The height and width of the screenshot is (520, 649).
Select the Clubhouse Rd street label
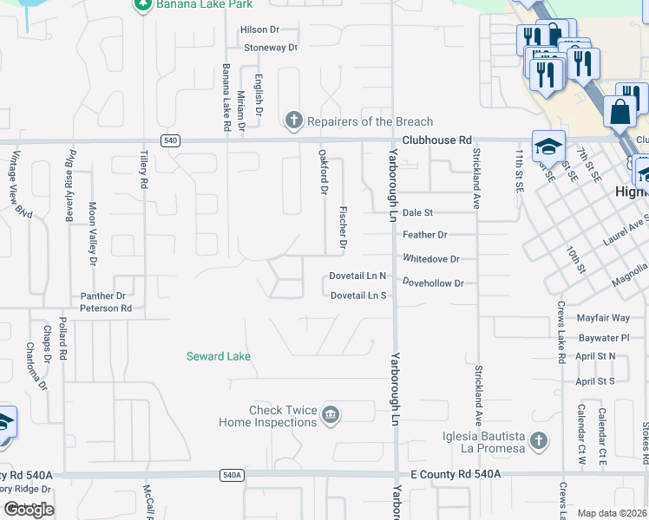click(436, 140)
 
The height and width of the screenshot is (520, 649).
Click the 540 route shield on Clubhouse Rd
click(170, 140)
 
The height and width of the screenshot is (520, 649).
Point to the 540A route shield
click(232, 475)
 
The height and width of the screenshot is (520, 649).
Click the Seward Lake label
click(219, 356)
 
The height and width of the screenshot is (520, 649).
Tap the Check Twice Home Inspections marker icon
click(330, 415)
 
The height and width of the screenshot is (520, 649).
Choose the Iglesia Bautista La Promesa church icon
click(538, 440)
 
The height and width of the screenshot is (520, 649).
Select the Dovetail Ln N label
click(357, 276)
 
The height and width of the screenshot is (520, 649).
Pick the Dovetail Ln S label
click(357, 296)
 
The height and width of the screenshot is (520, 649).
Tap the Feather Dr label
click(424, 235)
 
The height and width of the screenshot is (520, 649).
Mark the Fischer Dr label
click(344, 228)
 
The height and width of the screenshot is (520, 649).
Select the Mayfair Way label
click(603, 318)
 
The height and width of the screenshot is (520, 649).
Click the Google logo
click(29, 509)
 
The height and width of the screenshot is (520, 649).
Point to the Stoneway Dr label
click(271, 48)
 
